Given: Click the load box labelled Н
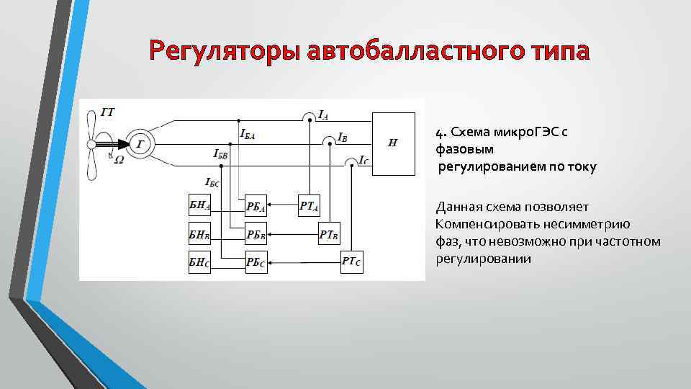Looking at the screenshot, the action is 393,143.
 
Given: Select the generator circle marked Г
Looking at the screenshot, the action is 140,144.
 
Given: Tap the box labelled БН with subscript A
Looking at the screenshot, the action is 200,205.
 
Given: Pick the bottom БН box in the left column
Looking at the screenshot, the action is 200,263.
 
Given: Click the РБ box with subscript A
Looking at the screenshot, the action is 256,206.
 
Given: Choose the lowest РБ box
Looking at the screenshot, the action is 256,263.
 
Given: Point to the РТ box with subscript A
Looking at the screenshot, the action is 310,205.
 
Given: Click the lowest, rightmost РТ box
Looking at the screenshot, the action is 353,263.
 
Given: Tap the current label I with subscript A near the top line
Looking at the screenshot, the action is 324,114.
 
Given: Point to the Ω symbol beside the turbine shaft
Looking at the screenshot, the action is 119,159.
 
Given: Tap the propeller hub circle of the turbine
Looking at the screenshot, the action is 91,144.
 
